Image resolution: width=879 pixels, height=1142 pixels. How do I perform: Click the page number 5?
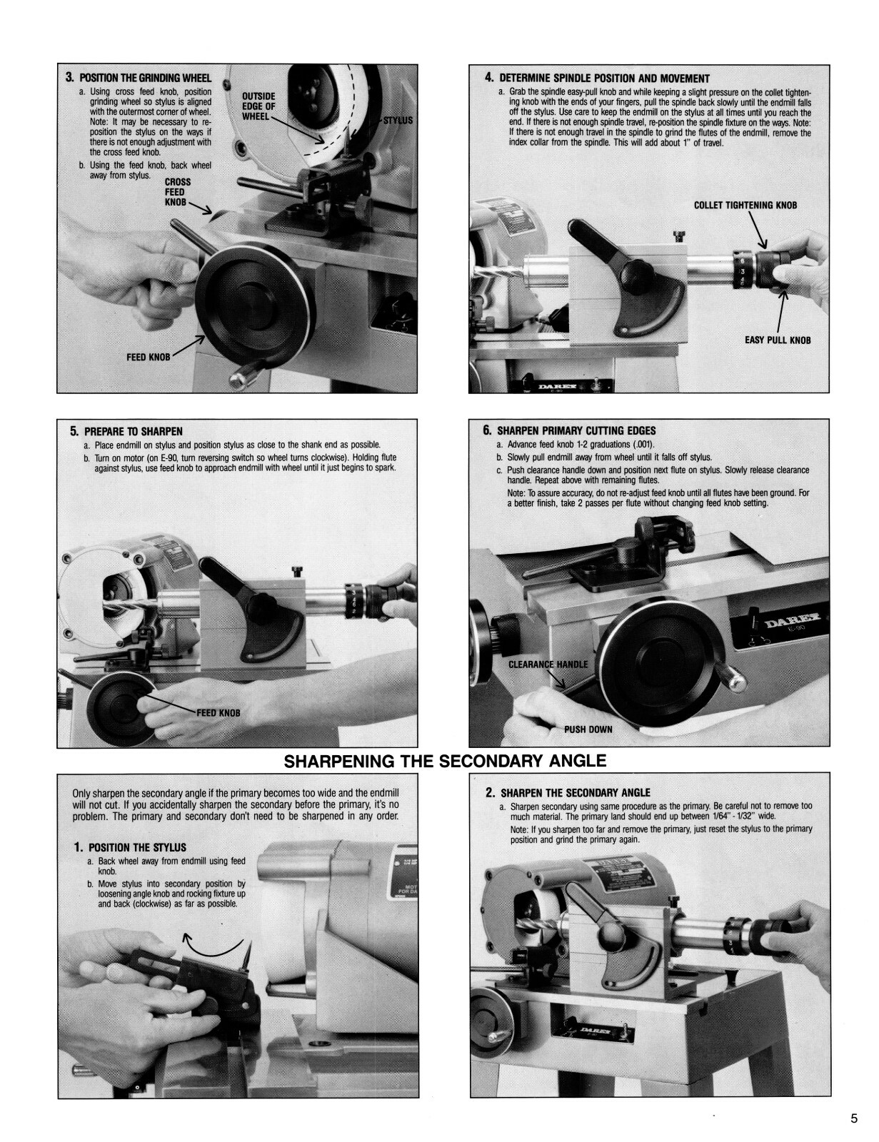(853, 1118)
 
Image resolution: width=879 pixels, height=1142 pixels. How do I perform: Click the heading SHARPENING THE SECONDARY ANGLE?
(446, 761)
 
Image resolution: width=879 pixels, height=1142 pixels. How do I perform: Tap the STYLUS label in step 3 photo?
(398, 120)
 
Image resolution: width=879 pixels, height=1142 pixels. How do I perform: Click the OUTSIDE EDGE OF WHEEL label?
(258, 106)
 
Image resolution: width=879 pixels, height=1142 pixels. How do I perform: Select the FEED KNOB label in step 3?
(148, 357)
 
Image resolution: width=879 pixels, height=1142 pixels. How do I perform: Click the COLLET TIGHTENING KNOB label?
(745, 205)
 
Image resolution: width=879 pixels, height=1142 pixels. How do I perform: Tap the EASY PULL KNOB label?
(778, 340)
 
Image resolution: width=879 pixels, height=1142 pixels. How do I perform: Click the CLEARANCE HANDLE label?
(548, 664)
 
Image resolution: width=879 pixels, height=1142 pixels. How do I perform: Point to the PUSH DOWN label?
(588, 729)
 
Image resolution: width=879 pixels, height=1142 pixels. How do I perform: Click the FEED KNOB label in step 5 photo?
(219, 712)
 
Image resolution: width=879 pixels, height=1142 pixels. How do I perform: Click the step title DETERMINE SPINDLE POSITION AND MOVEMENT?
(603, 78)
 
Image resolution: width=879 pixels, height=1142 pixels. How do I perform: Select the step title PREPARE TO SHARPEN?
(133, 431)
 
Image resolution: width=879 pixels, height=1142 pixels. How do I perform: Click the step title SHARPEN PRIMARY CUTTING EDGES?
(576, 430)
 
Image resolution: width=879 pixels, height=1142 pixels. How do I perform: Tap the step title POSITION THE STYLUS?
(136, 847)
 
